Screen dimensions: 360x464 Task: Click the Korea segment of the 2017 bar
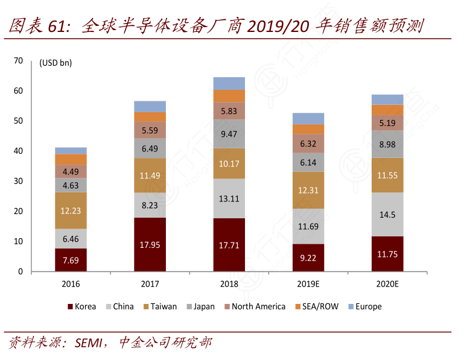pyautogui.click(x=150, y=244)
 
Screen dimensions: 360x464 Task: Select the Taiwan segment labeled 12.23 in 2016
pyautogui.click(x=71, y=210)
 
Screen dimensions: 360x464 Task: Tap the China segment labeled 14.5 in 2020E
pyautogui.click(x=387, y=214)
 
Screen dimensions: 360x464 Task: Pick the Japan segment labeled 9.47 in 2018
pyautogui.click(x=229, y=134)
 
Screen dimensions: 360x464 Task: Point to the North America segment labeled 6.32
pyautogui.click(x=308, y=143)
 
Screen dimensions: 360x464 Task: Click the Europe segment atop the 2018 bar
pyautogui.click(x=229, y=83)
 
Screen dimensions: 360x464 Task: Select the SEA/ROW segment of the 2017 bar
pyautogui.click(x=150, y=116)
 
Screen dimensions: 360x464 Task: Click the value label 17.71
pyautogui.click(x=229, y=245)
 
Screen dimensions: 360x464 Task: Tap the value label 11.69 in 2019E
pyautogui.click(x=308, y=227)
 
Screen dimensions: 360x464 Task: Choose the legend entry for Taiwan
pyautogui.click(x=160, y=306)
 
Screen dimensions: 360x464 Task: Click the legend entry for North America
pyautogui.click(x=253, y=306)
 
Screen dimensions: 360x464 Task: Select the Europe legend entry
pyautogui.click(x=364, y=306)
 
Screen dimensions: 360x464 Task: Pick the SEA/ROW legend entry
pyautogui.click(x=316, y=306)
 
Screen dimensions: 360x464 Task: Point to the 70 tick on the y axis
pyautogui.click(x=18, y=60)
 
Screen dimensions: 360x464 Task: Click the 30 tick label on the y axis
pyautogui.click(x=18, y=181)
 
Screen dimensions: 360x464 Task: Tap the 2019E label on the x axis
pyautogui.click(x=308, y=283)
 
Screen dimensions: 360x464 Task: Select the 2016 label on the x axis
pyautogui.click(x=71, y=283)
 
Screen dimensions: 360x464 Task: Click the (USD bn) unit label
pyautogui.click(x=55, y=63)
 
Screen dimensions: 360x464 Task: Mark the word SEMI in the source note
pyautogui.click(x=89, y=343)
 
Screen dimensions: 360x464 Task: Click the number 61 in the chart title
pyautogui.click(x=56, y=26)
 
